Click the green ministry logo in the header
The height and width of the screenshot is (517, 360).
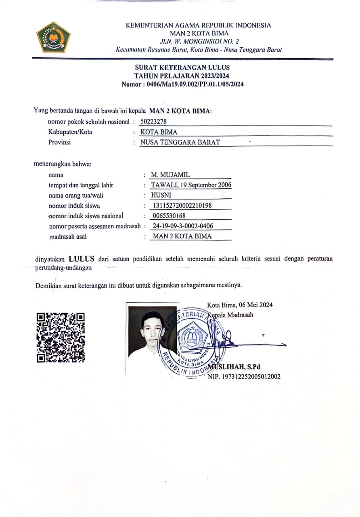[53, 38]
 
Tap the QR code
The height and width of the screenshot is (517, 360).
[61, 337]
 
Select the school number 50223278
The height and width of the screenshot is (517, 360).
[154, 122]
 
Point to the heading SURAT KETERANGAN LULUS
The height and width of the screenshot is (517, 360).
[182, 67]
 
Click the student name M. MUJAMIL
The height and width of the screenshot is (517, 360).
[170, 175]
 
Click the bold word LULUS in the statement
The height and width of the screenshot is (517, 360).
[81, 259]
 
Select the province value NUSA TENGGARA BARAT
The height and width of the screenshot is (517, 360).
[180, 142]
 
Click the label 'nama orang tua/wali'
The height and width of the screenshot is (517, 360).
[75, 195]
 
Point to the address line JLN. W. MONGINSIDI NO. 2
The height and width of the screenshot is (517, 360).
[199, 41]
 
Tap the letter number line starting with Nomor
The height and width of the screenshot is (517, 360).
[182, 84]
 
